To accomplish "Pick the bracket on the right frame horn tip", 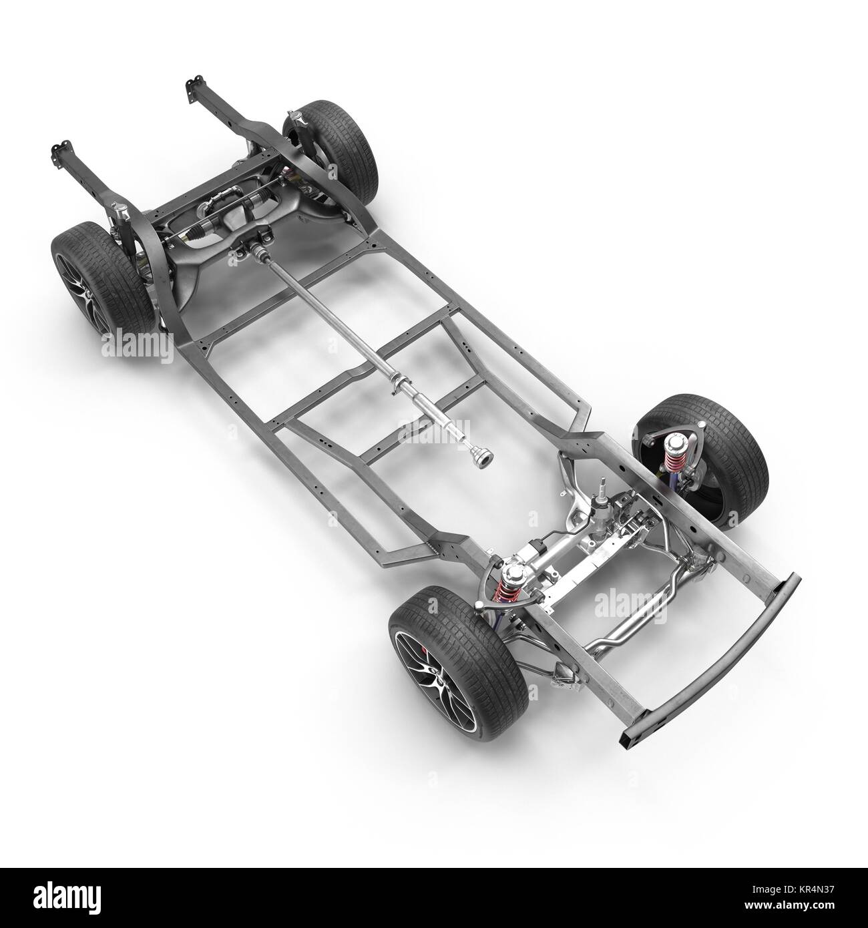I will point(192,89).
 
